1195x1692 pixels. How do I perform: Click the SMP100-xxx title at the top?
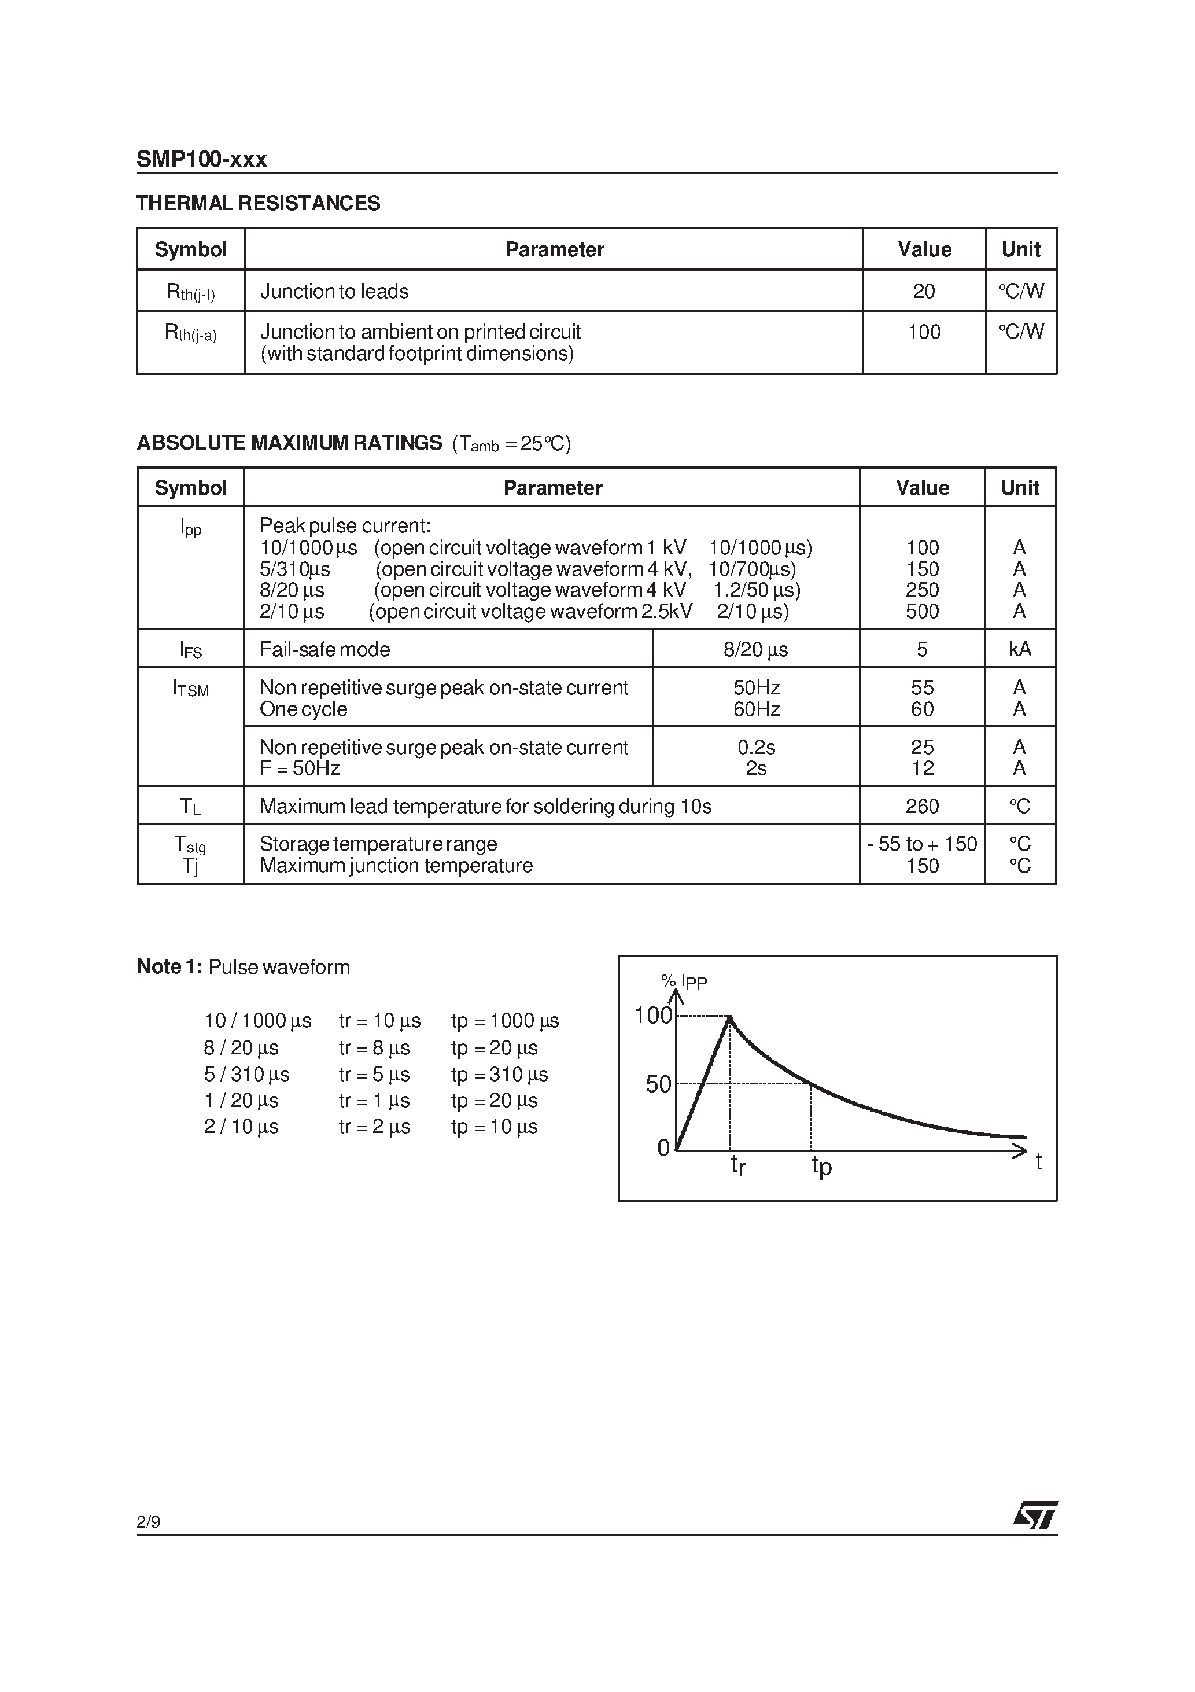[201, 159]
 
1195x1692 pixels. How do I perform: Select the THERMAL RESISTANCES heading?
[258, 203]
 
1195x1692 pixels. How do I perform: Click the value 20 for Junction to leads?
[923, 291]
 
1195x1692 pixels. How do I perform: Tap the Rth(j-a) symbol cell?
[190, 333]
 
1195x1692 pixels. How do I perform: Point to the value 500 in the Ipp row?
[923, 611]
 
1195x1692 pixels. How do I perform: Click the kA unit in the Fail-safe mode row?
[1020, 649]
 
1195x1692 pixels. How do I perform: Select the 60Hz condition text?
[756, 709]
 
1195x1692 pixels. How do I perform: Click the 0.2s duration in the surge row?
[756, 747]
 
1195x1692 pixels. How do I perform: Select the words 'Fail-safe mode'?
[325, 649]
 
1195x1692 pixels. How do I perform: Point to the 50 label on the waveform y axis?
[658, 1084]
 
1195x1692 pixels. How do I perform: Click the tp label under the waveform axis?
[821, 1165]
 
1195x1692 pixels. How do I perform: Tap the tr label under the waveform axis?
[737, 1165]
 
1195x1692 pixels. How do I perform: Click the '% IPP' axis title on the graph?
[684, 981]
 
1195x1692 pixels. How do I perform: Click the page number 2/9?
[148, 1522]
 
